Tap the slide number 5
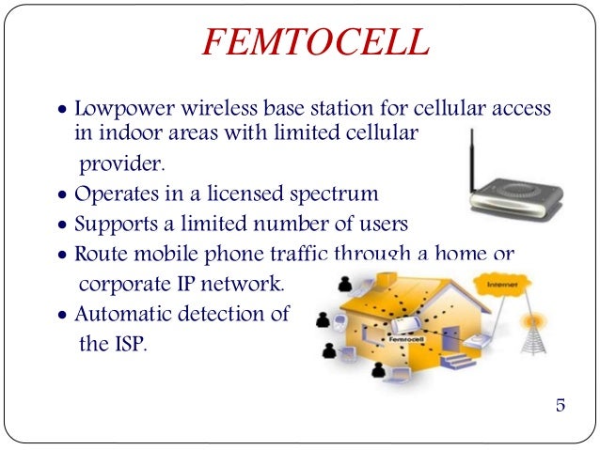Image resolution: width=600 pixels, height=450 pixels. click(x=561, y=406)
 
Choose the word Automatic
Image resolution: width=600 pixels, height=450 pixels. click(x=123, y=314)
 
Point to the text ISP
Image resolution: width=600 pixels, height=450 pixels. click(x=128, y=344)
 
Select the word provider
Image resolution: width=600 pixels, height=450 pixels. click(x=119, y=164)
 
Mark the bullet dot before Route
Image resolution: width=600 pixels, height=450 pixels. click(x=62, y=256)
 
